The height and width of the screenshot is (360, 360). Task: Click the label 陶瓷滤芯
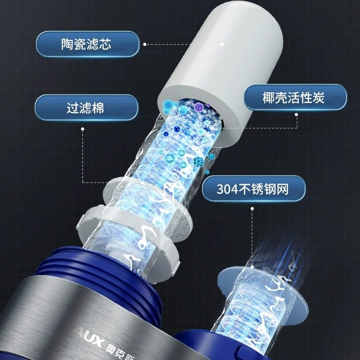click(86, 44)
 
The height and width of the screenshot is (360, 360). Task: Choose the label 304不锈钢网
click(252, 189)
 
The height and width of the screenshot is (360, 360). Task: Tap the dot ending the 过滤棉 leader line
click(83, 128)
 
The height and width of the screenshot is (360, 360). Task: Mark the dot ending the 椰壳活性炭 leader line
click(297, 115)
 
